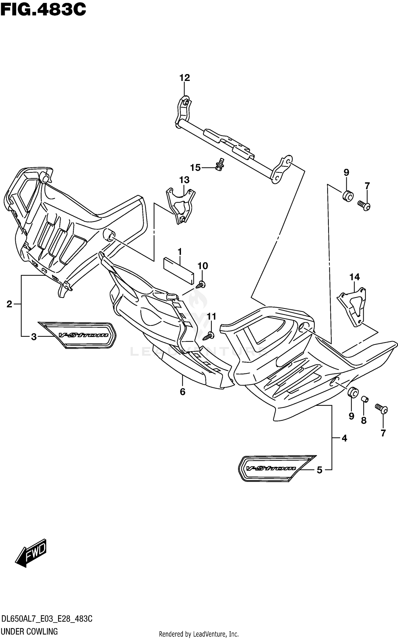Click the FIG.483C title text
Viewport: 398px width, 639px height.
click(43, 10)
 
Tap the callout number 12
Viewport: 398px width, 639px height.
click(185, 78)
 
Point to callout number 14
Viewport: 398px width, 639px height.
click(354, 277)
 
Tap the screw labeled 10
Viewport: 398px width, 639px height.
click(201, 285)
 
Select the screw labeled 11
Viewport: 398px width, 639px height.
click(209, 336)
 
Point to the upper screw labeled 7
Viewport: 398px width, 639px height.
click(364, 205)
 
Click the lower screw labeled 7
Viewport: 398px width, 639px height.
click(381, 409)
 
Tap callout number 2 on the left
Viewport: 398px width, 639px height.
click(10, 304)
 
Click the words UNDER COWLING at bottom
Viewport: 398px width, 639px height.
click(30, 631)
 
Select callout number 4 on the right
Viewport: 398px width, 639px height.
click(344, 438)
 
